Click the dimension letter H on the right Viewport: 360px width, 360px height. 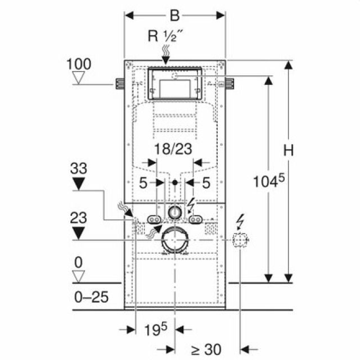click(x=289, y=151)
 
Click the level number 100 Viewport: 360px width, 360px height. click(x=78, y=63)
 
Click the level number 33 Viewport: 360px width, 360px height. click(x=79, y=168)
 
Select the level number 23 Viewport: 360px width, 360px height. click(x=79, y=217)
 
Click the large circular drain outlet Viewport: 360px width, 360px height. click(x=175, y=241)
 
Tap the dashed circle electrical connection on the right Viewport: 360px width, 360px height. click(x=240, y=241)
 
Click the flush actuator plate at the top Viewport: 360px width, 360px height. click(x=174, y=84)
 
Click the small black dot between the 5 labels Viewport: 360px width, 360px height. click(x=175, y=183)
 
